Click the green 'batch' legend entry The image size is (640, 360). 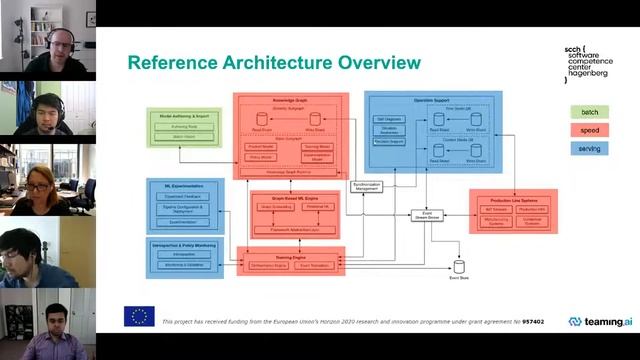coord(590,111)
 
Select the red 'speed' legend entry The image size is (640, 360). coord(590,129)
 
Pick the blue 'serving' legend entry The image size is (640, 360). coord(590,147)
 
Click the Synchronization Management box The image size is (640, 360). coord(367,186)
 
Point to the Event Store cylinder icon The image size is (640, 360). coord(460,265)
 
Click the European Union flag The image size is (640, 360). coord(139,317)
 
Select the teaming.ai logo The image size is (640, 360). coord(600,322)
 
